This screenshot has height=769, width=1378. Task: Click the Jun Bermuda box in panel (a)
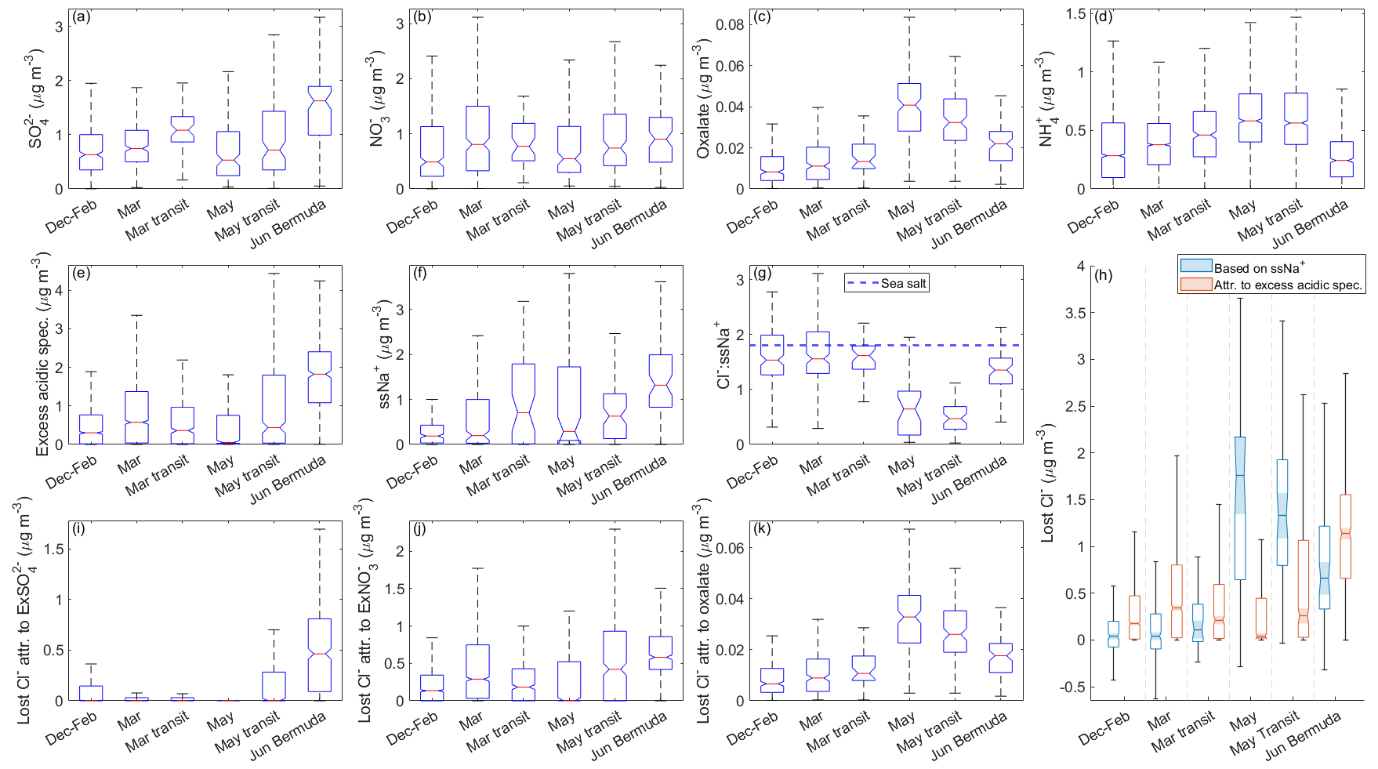pos(319,111)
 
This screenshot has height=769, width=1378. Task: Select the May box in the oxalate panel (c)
pos(908,107)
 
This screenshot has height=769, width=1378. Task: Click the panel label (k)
pos(762,528)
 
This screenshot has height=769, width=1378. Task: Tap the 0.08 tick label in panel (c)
pos(730,24)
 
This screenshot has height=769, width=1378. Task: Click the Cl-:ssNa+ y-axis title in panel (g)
pos(723,354)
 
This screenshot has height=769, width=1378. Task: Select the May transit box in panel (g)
pos(954,418)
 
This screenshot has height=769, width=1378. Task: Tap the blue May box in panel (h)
pos(1240,508)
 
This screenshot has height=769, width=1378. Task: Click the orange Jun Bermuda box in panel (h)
pos(1345,536)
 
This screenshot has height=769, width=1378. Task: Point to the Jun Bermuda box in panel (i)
pos(319,655)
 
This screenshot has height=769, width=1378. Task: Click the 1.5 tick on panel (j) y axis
pos(399,589)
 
